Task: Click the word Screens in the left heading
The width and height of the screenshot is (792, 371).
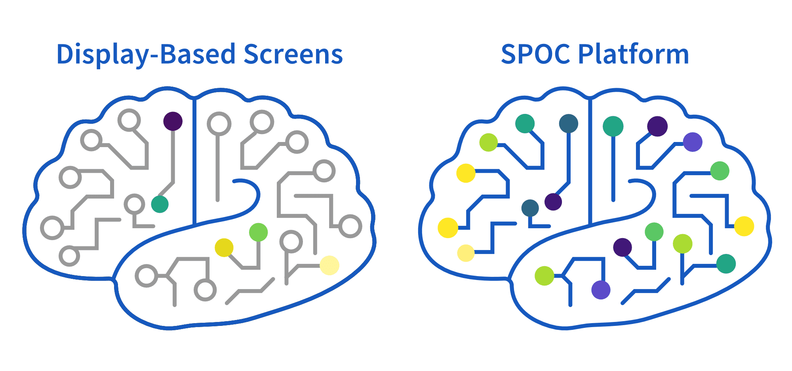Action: tap(293, 55)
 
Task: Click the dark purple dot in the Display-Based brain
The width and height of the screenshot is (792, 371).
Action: tap(173, 121)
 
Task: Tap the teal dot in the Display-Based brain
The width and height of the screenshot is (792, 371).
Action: tap(160, 204)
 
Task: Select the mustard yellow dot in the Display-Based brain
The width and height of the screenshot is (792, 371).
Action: tap(224, 248)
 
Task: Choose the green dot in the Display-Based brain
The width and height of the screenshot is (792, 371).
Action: tap(258, 232)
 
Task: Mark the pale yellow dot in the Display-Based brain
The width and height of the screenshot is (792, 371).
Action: tap(329, 265)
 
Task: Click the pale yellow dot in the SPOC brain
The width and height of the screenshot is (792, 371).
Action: tap(466, 253)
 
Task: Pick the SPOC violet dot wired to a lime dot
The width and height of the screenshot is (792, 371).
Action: tap(601, 290)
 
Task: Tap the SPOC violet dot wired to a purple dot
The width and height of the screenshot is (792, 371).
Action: tap(693, 142)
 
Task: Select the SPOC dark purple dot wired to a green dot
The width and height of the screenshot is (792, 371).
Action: tap(623, 247)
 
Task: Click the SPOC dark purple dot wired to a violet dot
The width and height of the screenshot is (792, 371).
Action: tap(657, 126)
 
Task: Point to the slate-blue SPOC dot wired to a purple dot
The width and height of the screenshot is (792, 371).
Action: tap(569, 123)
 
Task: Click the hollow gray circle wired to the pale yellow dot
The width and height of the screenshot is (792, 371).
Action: tap(291, 242)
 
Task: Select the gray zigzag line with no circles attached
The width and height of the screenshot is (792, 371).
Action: tap(250, 291)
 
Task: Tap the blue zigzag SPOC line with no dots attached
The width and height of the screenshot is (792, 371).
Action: tap(645, 291)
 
